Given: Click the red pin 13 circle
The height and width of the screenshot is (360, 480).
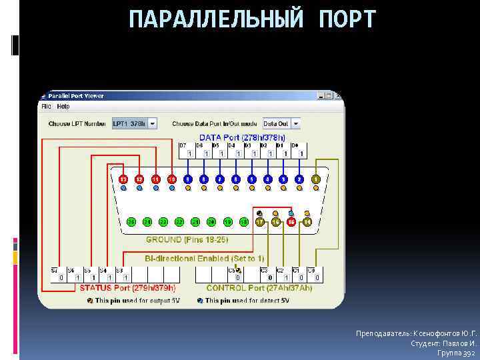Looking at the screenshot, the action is tap(123, 179).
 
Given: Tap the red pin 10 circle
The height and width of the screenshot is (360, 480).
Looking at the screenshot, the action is tap(171, 179).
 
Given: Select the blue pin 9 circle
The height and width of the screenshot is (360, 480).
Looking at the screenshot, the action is tap(188, 179).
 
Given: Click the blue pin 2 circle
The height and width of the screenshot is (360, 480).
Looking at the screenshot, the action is tap(300, 179).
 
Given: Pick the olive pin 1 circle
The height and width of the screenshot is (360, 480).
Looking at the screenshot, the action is tap(316, 179).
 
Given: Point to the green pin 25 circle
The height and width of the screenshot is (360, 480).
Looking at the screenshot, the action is tap(131, 221).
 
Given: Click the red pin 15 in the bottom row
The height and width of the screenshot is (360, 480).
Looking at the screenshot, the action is tap(291, 221).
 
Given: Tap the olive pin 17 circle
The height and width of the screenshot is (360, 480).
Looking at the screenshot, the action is tap(259, 221).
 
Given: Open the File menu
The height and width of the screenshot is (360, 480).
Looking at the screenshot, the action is tap(46, 107).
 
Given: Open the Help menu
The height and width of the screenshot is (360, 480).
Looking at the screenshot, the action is tap(63, 107).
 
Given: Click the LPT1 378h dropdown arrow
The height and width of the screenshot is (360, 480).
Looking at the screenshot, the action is tap(152, 123).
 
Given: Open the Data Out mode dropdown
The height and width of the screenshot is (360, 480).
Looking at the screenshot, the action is tap(295, 123).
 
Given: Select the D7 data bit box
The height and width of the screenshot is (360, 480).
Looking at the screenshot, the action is tap(189, 153).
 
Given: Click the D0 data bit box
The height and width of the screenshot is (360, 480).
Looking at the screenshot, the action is tap(301, 153).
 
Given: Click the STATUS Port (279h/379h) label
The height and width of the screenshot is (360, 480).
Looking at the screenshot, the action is tap(127, 288).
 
